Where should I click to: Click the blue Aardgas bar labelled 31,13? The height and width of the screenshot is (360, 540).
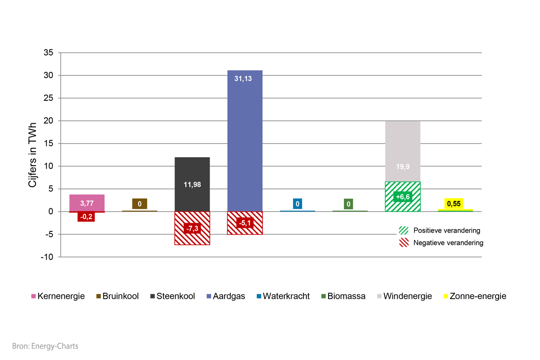[245, 135]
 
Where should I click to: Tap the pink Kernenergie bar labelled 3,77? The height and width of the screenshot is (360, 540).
[87, 200]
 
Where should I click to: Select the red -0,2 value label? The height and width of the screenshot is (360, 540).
[86, 216]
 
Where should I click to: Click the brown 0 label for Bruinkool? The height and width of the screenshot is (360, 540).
[139, 204]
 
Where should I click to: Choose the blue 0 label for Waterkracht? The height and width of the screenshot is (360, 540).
[297, 204]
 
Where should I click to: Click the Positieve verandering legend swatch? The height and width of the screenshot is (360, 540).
[404, 230]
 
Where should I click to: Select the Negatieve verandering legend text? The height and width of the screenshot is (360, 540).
[448, 243]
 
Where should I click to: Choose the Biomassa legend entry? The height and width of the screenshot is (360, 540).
[342, 296]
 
